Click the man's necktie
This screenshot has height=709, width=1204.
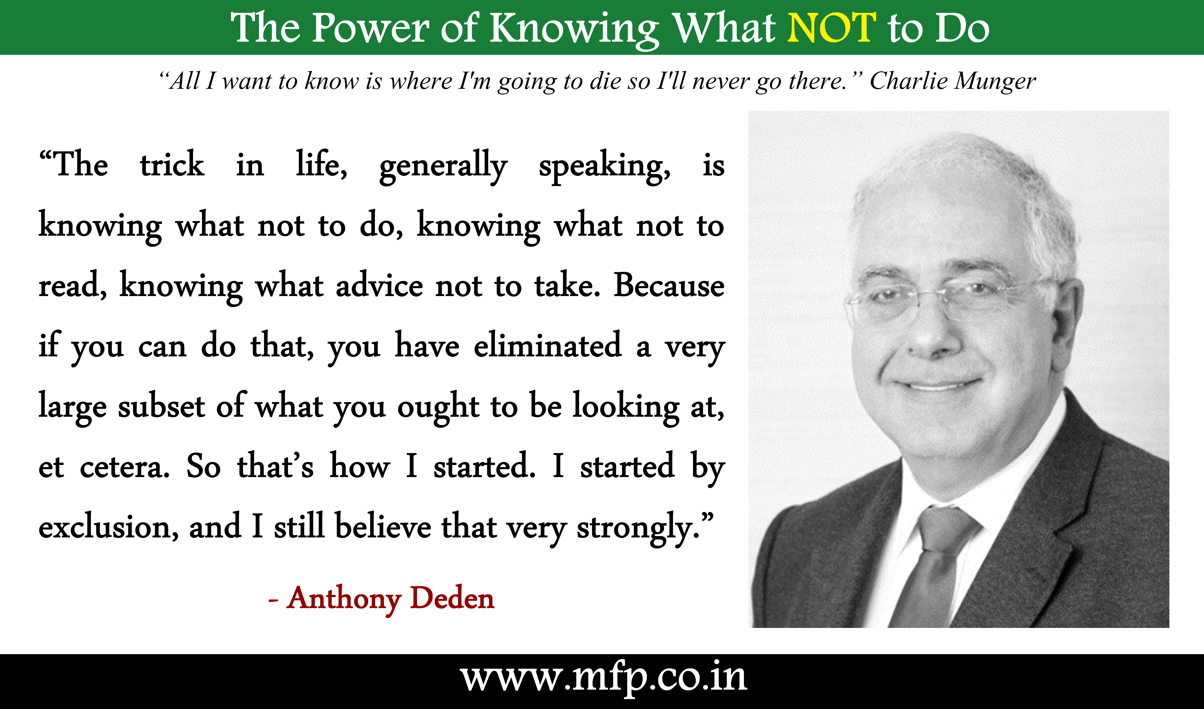[x=934, y=566]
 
